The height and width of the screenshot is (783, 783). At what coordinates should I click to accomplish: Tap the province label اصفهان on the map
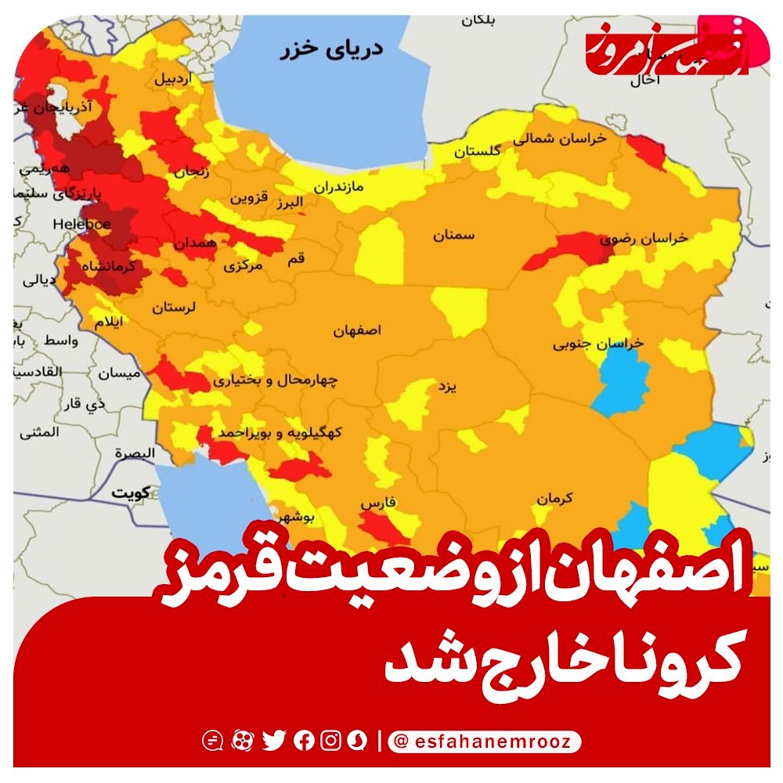click(356, 330)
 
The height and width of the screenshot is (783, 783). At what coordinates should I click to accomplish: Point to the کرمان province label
click(556, 497)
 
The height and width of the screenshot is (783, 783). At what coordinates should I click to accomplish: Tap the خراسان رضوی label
click(644, 237)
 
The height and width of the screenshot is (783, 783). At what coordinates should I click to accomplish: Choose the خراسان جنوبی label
click(598, 343)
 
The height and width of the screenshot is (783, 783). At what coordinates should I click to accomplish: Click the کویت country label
click(130, 494)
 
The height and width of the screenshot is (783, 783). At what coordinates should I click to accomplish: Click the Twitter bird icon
click(274, 740)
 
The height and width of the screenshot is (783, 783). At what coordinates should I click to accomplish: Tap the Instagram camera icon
click(331, 740)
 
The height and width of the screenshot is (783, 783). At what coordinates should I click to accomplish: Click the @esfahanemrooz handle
click(485, 740)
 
